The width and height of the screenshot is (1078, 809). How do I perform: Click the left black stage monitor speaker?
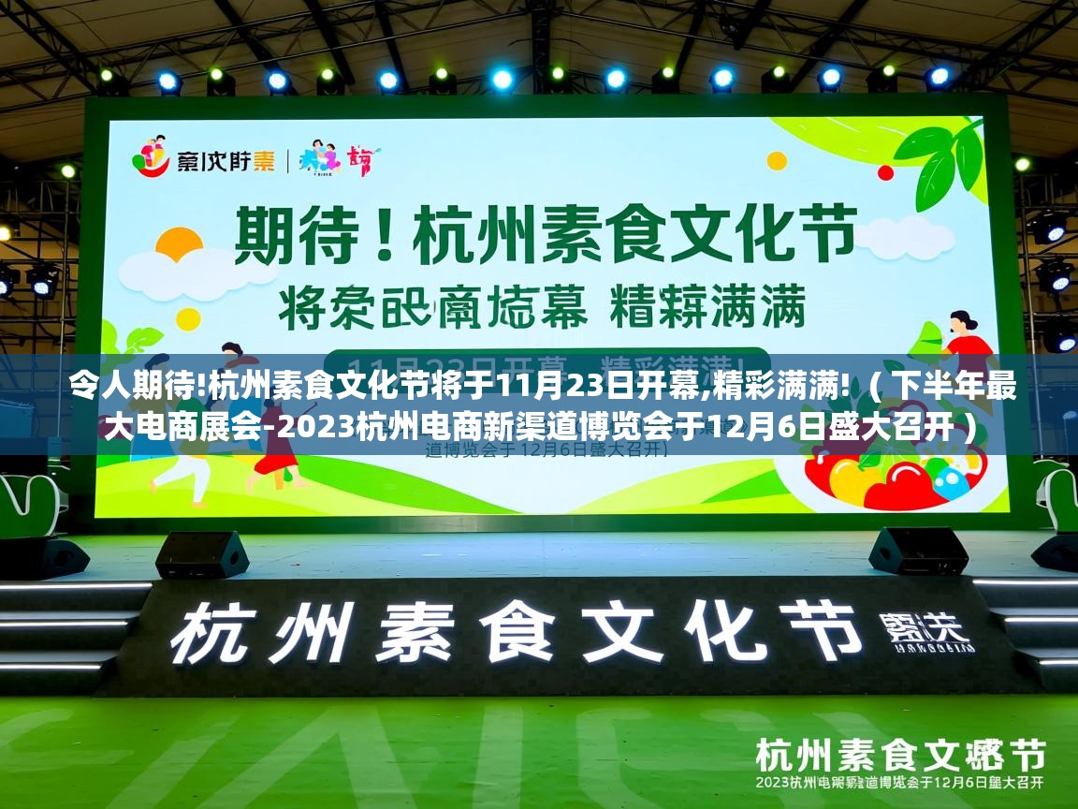[x=201, y=553]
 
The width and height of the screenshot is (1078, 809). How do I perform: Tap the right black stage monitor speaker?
[x=918, y=551]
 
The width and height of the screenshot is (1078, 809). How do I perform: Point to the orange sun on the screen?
[x=179, y=246]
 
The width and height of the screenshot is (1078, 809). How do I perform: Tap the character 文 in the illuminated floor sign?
[x=600, y=629]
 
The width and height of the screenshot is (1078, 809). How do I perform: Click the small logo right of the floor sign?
[x=922, y=633]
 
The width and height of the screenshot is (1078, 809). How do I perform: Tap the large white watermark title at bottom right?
[x=899, y=755]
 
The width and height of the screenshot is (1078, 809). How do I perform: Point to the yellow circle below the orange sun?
[x=188, y=319]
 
